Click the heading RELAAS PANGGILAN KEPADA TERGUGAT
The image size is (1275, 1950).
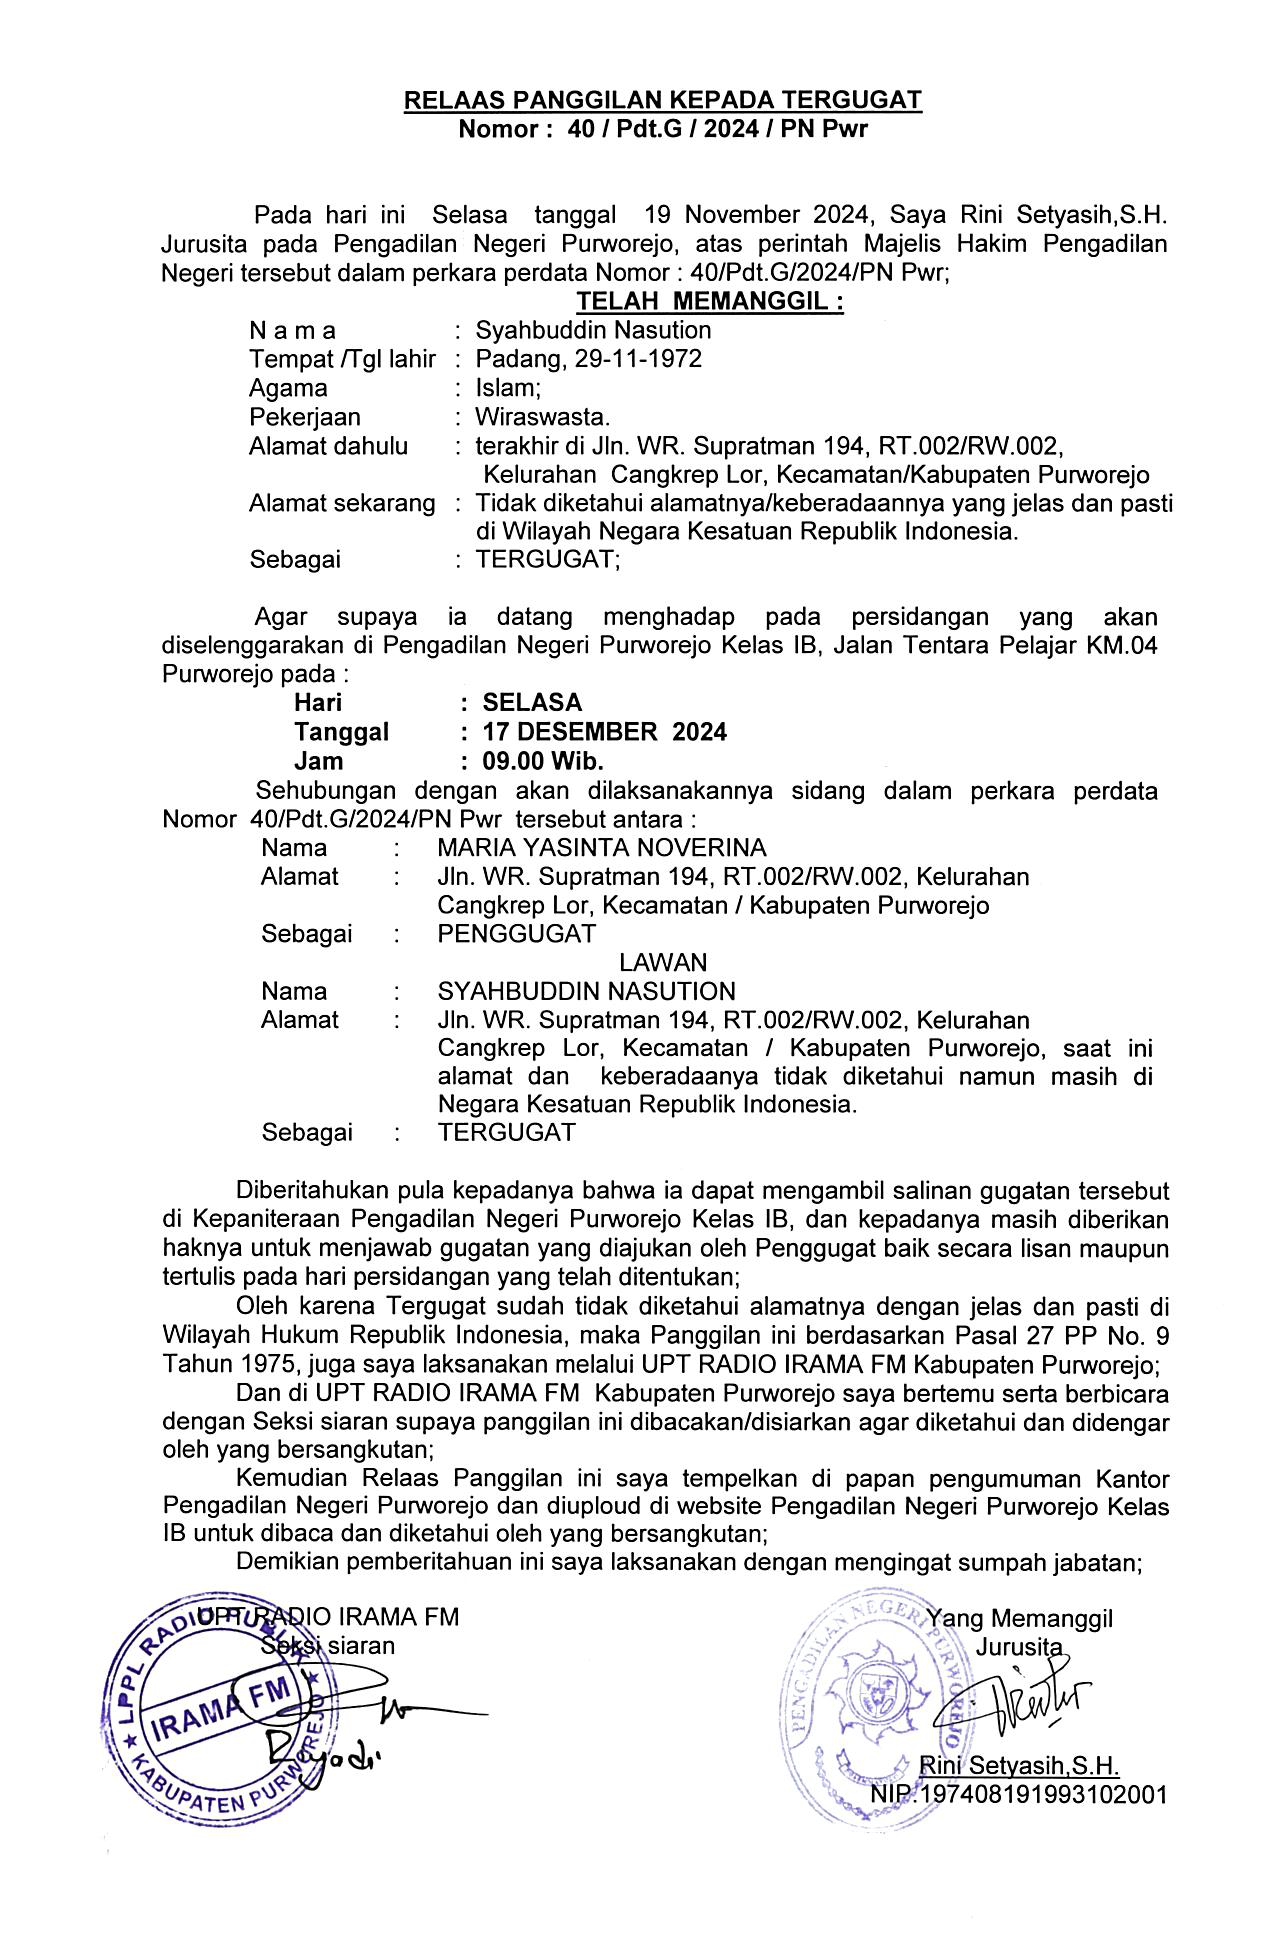(662, 100)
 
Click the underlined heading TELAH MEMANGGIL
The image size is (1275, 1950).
(710, 301)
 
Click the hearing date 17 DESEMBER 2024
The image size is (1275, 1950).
(604, 732)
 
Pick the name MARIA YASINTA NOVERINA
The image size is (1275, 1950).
(602, 848)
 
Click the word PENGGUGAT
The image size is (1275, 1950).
(516, 934)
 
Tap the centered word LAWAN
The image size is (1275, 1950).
(663, 963)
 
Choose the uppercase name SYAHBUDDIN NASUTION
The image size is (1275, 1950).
(586, 992)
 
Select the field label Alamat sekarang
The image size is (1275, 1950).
(342, 503)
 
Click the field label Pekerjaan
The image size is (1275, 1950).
(305, 417)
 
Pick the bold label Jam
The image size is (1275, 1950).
(318, 761)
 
